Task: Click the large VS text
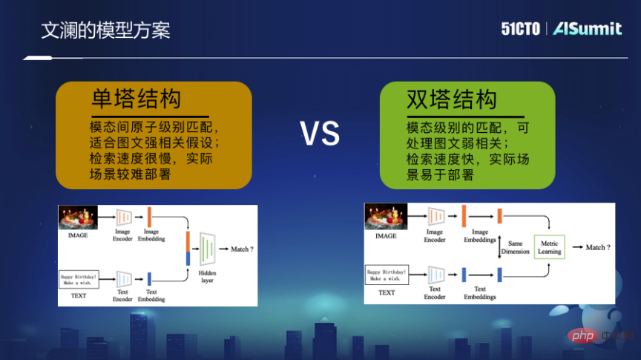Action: (320, 134)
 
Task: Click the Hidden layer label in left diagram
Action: (207, 276)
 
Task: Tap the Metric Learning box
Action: (550, 248)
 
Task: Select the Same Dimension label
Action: (515, 248)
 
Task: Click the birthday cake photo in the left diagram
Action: (79, 217)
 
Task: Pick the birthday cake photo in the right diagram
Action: (386, 217)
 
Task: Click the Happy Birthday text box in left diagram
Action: (79, 280)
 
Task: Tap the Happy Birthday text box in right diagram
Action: (387, 275)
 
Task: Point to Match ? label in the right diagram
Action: (598, 247)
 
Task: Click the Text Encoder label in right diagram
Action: (435, 293)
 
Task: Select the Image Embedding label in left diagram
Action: (151, 235)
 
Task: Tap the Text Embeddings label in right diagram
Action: (480, 293)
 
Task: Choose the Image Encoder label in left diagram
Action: (122, 235)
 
